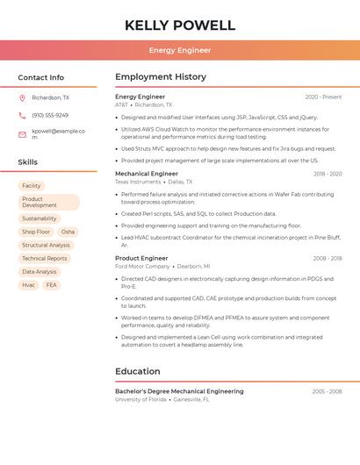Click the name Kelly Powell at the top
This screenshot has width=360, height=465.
[180, 25]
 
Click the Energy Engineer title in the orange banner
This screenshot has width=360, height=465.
[180, 50]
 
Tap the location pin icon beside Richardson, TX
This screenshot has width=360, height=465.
[23, 98]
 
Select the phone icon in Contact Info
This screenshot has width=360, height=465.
[23, 115]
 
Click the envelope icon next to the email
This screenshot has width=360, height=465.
[23, 134]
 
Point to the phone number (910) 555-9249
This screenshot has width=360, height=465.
[50, 115]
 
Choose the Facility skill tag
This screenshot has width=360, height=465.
[32, 186]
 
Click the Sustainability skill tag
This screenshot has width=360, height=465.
[39, 218]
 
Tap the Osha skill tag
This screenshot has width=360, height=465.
[68, 232]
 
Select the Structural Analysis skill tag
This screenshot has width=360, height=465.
[46, 246]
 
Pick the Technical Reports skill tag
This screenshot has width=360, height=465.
[44, 259]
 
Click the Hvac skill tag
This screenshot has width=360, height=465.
[29, 285]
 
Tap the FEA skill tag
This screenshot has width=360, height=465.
[52, 285]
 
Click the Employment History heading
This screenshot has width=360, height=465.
[161, 77]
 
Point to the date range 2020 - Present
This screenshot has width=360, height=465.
[323, 97]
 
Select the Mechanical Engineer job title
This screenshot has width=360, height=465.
[147, 174]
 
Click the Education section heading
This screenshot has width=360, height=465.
[138, 371]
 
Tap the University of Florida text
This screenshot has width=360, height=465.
[140, 399]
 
